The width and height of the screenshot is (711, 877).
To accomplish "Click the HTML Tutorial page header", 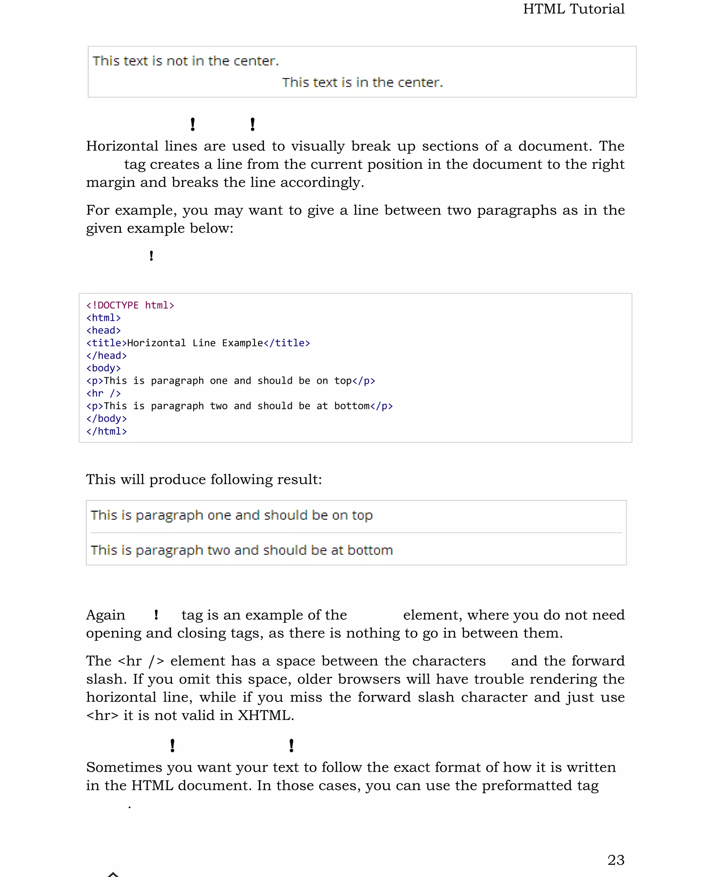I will (574, 9).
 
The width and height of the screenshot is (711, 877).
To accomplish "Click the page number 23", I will (616, 860).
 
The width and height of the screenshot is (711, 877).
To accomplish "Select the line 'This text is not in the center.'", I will (185, 61).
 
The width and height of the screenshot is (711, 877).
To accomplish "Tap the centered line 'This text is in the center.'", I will (362, 82).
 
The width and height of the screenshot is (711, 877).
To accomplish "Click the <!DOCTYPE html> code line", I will (130, 305).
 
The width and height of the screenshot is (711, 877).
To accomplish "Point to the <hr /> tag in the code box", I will (103, 394).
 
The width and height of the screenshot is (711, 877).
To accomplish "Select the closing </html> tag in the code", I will (107, 431).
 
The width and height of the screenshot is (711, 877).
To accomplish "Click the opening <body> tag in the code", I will (103, 368).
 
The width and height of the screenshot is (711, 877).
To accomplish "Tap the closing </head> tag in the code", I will (107, 356).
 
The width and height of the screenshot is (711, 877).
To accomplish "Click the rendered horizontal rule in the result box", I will (356, 533).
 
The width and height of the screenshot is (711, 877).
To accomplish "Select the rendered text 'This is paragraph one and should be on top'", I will (232, 515).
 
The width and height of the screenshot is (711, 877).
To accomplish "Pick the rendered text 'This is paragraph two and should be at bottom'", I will (242, 550).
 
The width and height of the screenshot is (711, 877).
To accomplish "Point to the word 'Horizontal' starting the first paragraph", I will (122, 146).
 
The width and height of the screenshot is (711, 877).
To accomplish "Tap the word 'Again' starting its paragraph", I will (105, 615).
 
